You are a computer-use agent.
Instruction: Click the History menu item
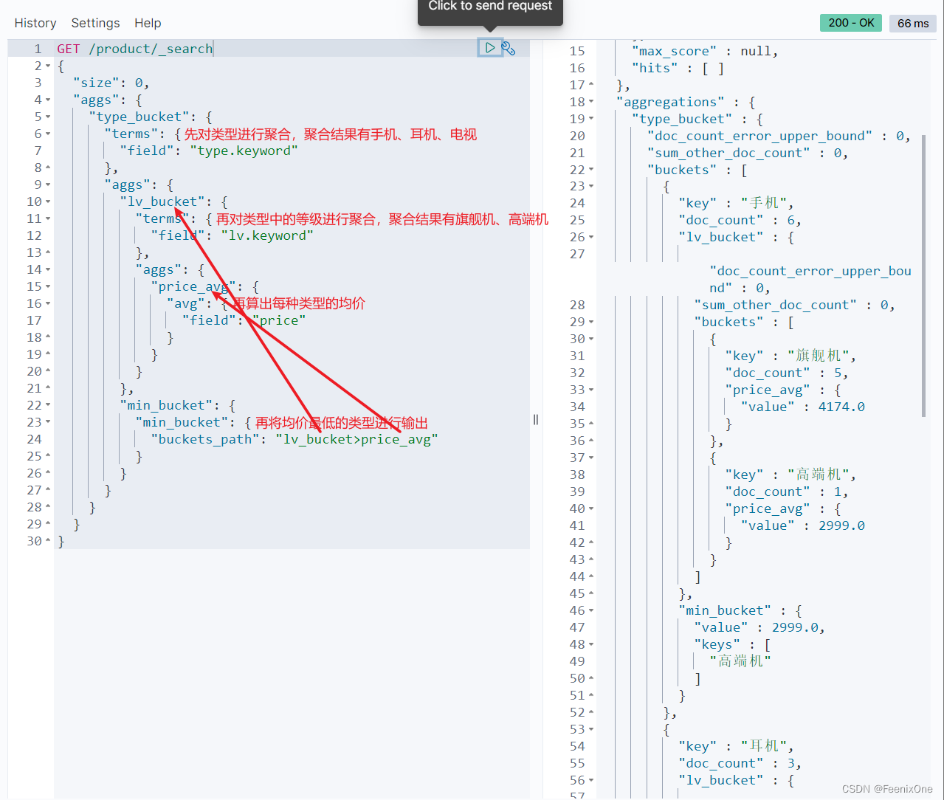(x=35, y=23)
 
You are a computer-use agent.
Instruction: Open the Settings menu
(x=95, y=23)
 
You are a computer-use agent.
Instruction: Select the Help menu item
(x=148, y=23)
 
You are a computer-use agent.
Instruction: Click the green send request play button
(x=489, y=48)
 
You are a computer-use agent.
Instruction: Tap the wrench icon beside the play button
(x=509, y=49)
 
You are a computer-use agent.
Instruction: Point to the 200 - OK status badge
(x=851, y=23)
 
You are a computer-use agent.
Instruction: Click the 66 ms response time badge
(x=913, y=24)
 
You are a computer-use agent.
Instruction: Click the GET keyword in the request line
(x=69, y=49)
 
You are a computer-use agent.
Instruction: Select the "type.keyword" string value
(x=244, y=151)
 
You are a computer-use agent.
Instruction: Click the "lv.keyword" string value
(x=267, y=235)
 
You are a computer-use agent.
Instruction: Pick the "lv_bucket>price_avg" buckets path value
(x=357, y=439)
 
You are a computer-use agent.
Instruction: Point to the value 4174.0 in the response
(x=841, y=407)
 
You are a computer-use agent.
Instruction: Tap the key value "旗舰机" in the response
(x=819, y=356)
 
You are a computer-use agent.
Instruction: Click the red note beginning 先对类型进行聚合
(x=331, y=134)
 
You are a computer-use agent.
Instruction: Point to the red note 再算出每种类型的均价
(x=299, y=303)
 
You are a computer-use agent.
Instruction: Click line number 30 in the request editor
(x=34, y=541)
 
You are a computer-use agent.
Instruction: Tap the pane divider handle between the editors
(x=536, y=420)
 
